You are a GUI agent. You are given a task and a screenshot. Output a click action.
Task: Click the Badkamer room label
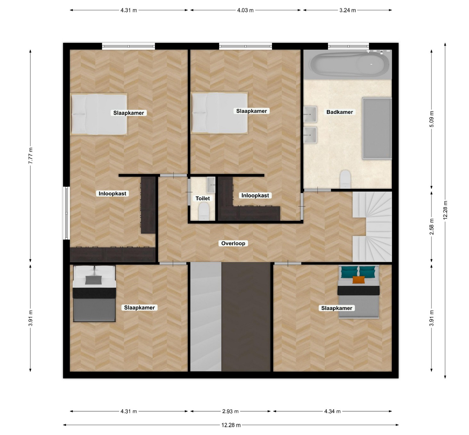(x=339, y=112)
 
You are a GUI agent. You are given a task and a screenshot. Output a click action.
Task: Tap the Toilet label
(x=202, y=198)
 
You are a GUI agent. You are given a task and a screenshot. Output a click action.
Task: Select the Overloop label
(x=233, y=243)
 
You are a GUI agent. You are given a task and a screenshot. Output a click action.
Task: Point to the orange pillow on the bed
(x=358, y=280)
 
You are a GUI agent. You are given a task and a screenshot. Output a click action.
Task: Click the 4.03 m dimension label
(x=245, y=10)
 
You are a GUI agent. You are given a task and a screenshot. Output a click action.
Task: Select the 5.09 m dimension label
(x=432, y=119)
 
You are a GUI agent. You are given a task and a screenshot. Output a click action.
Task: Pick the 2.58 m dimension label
(x=432, y=227)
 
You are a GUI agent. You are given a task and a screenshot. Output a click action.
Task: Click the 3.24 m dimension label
(x=348, y=10)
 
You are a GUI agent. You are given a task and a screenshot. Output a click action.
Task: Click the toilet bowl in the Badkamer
(x=345, y=179)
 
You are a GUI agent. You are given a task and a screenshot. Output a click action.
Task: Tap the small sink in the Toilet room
(x=211, y=185)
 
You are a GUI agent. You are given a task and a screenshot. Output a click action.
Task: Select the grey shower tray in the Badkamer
(x=377, y=128)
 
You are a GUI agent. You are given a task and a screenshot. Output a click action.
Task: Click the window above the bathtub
(x=348, y=46)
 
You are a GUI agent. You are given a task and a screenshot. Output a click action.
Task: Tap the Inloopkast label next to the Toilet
(x=255, y=195)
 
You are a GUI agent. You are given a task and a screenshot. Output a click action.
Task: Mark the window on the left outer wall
(x=66, y=213)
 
